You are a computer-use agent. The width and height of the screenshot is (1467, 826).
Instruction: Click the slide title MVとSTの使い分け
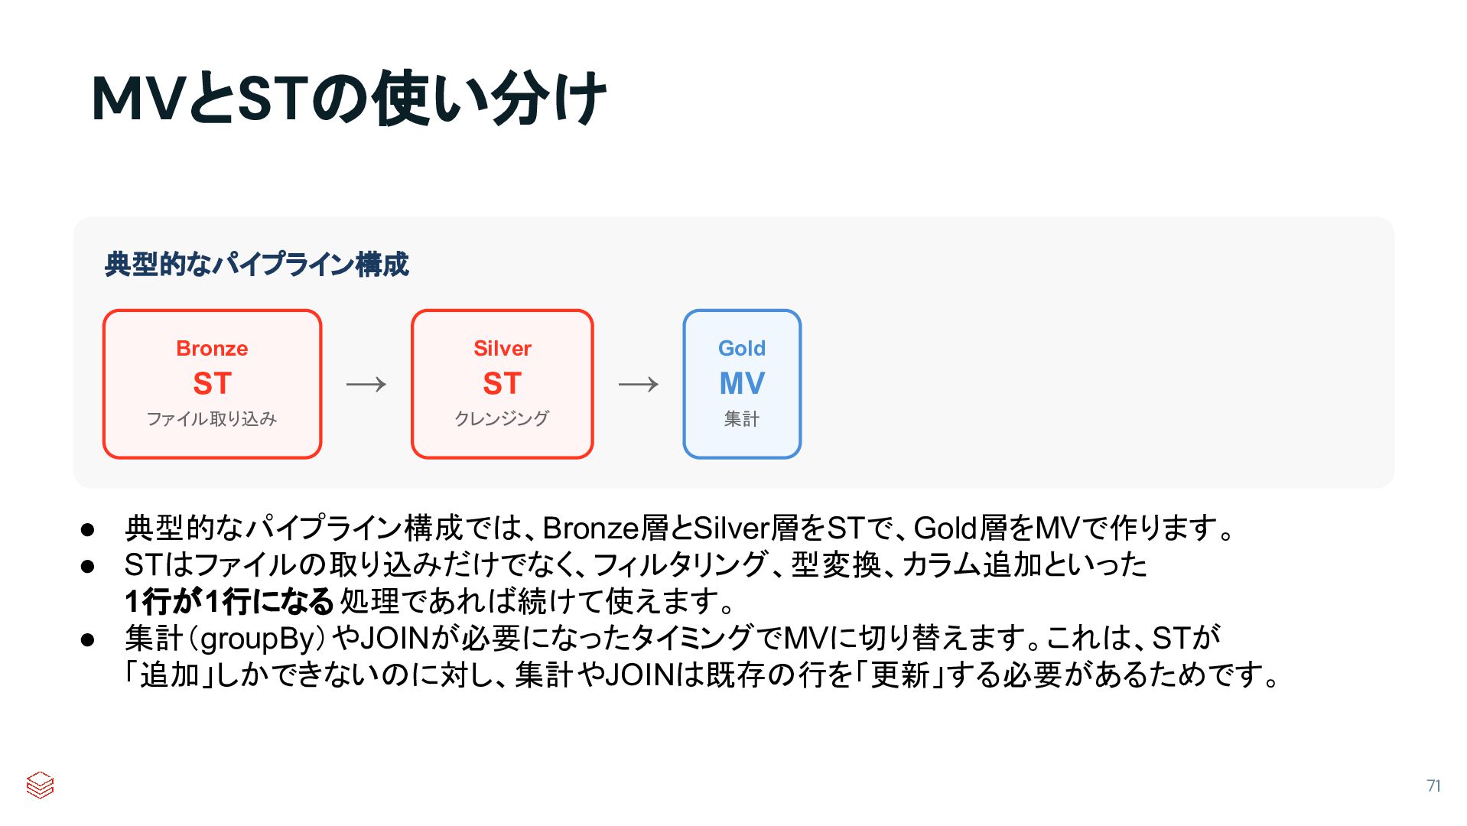pos(348,99)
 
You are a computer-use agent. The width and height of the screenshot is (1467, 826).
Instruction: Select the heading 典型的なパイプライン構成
pos(257,265)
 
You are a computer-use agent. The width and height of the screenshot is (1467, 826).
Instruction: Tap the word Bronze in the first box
pos(212,349)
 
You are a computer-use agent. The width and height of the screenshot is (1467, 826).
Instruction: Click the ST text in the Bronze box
pos(212,384)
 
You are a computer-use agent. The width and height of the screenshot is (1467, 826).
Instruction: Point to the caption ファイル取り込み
pos(212,419)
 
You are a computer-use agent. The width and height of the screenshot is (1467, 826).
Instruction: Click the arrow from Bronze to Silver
pos(366,384)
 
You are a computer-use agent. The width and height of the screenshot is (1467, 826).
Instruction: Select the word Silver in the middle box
pos(502,349)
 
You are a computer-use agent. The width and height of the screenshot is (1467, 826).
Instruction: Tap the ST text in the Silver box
pos(502,384)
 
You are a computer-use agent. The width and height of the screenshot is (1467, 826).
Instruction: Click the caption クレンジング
pos(502,419)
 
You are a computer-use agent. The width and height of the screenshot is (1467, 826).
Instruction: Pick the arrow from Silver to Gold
pos(638,384)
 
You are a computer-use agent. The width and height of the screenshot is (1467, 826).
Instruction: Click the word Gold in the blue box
pos(741,349)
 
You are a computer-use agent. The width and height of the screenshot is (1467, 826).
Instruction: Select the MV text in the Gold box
pos(741,384)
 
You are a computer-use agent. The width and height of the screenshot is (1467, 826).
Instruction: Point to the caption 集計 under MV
pos(741,419)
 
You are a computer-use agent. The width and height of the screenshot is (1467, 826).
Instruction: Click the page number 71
pos(1433,785)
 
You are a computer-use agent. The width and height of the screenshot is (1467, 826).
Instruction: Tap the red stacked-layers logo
pos(40,785)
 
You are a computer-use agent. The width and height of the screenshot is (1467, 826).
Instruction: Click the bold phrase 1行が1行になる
pos(229,602)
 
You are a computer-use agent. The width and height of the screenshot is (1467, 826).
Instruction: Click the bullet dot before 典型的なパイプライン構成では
pos(87,529)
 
